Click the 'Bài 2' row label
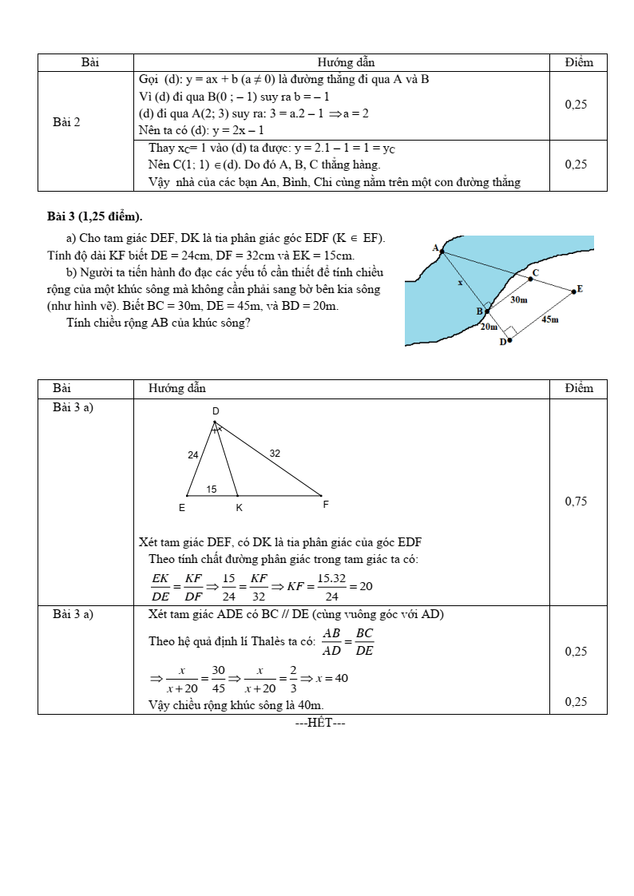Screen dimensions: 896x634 click(x=66, y=122)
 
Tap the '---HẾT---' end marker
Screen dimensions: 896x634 click(x=319, y=724)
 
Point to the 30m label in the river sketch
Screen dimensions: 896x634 click(x=518, y=299)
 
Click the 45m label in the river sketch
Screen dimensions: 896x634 click(x=549, y=319)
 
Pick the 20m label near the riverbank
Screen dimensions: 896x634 click(x=488, y=327)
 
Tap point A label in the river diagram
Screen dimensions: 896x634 click(x=436, y=248)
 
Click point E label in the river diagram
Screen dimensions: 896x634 click(x=580, y=289)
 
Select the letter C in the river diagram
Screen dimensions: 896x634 click(x=535, y=273)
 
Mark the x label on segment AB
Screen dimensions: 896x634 click(x=460, y=283)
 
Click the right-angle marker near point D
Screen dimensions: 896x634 click(x=510, y=330)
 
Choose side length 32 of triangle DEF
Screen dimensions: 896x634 click(x=275, y=454)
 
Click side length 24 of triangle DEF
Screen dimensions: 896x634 click(x=193, y=455)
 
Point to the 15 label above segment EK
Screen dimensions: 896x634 click(x=212, y=490)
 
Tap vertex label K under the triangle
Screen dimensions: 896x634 click(x=239, y=507)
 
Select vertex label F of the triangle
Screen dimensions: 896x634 click(x=325, y=505)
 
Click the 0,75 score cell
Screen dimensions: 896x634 click(x=576, y=502)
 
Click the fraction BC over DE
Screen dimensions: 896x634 click(x=364, y=642)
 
